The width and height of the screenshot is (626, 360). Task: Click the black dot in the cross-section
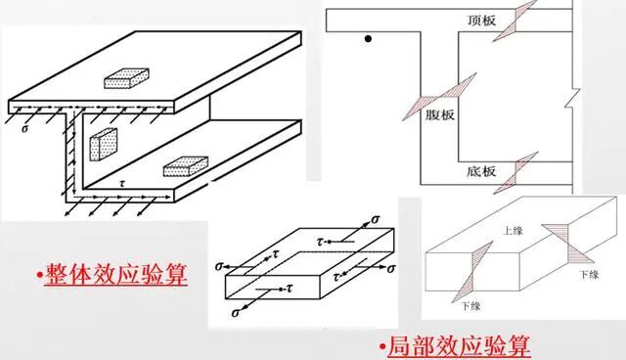pyautogui.click(x=368, y=40)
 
